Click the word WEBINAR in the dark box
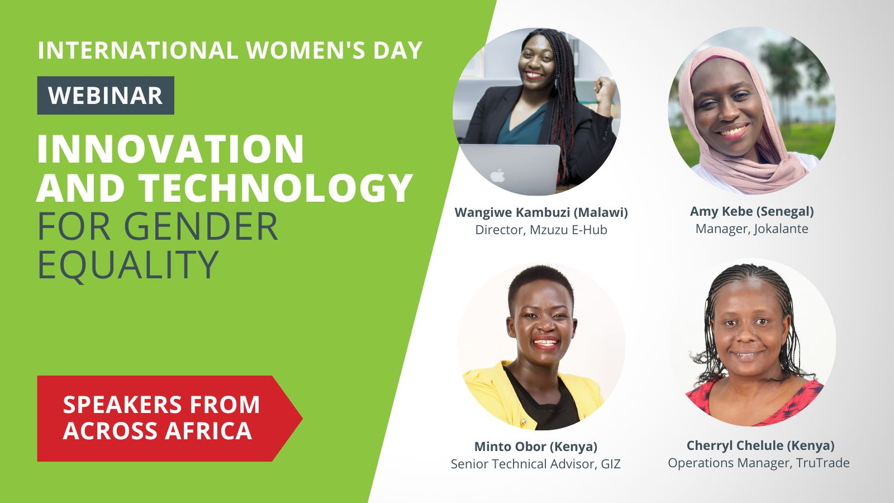(x=106, y=96)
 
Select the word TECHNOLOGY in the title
(x=276, y=188)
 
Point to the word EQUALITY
(x=128, y=265)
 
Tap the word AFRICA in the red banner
(x=208, y=431)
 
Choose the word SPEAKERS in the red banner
(x=123, y=405)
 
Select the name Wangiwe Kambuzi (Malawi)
(x=541, y=212)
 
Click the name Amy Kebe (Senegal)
(x=752, y=212)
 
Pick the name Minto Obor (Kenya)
(x=536, y=447)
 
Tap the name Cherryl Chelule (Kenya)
(x=760, y=445)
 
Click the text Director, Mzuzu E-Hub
(x=541, y=230)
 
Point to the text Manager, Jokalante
(x=752, y=229)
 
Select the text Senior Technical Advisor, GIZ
(x=536, y=464)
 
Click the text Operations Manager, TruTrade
(x=759, y=463)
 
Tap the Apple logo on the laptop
(x=498, y=175)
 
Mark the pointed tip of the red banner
(x=302, y=419)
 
